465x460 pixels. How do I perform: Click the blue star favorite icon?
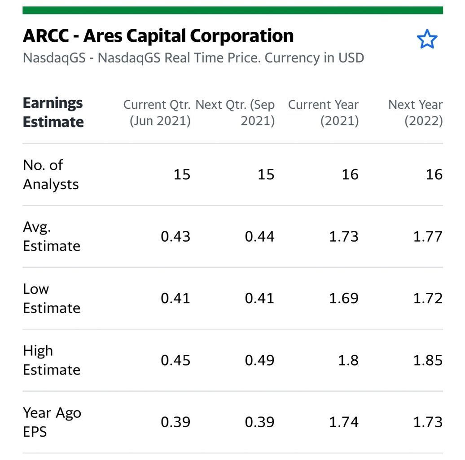coord(426,40)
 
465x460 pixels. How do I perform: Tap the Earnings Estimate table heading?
coord(53,112)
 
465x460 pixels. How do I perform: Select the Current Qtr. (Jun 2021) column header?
coord(157,113)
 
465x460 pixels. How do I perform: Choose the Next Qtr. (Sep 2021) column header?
coord(236,113)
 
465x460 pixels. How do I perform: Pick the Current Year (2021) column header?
coord(323,113)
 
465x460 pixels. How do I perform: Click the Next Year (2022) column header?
coord(416,113)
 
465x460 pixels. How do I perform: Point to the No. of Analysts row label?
coord(51,174)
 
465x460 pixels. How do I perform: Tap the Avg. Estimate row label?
coord(51,236)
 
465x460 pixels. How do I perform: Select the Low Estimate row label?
coord(51,298)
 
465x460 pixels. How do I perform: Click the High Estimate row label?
coord(51,360)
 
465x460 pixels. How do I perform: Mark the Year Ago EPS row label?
coord(52,422)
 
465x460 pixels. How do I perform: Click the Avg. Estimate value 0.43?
coord(175,237)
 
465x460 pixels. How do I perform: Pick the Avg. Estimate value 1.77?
coord(428,237)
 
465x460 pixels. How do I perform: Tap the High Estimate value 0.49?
coord(259,360)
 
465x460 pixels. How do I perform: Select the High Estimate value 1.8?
coord(348,360)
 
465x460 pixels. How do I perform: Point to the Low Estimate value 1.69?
coord(343,298)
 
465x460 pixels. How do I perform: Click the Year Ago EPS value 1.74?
coord(343,422)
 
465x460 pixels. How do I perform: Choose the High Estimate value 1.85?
coord(428,360)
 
